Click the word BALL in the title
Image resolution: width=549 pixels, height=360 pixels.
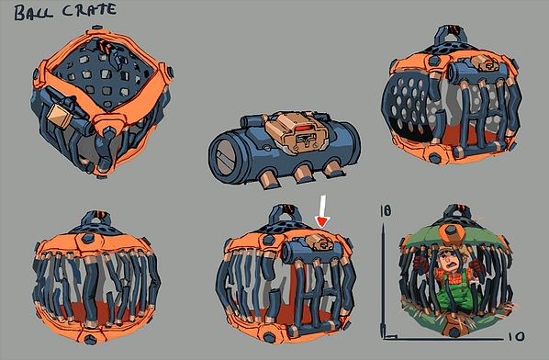point(34,13)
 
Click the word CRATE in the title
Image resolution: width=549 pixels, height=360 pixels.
point(89,10)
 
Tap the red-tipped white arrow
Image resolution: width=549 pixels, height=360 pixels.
point(322,211)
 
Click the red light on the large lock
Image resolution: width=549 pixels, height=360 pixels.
point(303,129)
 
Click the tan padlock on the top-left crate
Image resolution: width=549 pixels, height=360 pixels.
point(60,116)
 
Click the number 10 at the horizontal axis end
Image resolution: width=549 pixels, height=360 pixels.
point(517,337)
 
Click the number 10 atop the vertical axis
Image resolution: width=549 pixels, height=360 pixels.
point(386,210)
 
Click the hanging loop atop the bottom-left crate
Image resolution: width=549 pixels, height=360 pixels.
point(97,219)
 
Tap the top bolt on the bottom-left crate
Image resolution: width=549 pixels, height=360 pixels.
point(88,239)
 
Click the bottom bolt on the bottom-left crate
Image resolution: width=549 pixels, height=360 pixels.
point(90,339)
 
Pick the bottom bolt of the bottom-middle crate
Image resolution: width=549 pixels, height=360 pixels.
point(270,337)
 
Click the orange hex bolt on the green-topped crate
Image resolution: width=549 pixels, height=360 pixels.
point(452,234)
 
